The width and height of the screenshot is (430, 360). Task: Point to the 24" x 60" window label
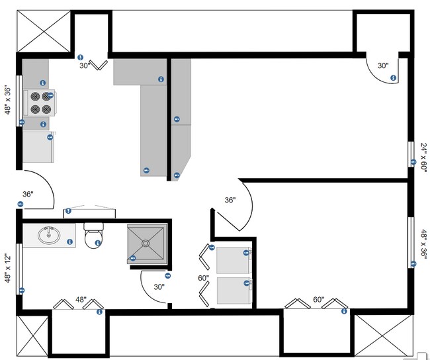(x=423, y=157)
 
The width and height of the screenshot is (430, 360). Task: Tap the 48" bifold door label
(x=81, y=299)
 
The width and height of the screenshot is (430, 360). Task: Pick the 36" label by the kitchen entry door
(x=28, y=195)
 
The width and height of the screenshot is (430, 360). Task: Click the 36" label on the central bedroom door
(x=230, y=200)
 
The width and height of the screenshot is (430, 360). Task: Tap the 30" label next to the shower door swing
(x=159, y=287)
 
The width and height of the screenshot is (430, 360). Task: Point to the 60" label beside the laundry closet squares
(x=203, y=278)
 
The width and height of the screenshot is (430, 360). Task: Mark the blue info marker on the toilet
(x=98, y=243)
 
